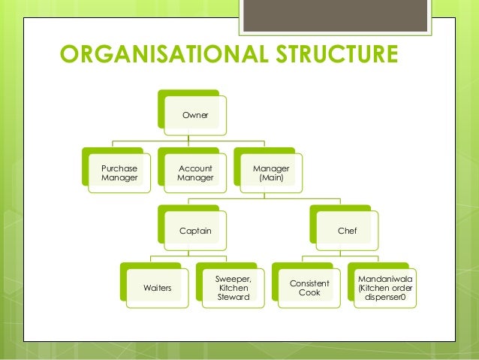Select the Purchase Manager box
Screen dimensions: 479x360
click(x=114, y=174)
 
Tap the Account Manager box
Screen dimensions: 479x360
click(x=195, y=174)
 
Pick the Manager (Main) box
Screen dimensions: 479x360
click(x=269, y=174)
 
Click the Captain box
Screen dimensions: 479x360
click(x=195, y=231)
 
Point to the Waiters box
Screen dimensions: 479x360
click(x=156, y=288)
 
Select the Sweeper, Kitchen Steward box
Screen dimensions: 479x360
click(x=233, y=288)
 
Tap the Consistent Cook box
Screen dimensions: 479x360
click(x=309, y=288)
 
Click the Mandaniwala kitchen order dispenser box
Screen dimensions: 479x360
click(x=385, y=287)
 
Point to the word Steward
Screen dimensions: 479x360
click(x=233, y=298)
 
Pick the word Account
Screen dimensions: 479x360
click(x=195, y=168)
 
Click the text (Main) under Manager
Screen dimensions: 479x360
click(x=269, y=179)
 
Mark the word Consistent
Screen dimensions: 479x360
click(x=309, y=283)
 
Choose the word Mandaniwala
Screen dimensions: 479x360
click(x=385, y=277)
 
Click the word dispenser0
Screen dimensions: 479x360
click(x=385, y=298)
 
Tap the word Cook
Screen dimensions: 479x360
click(x=309, y=293)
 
